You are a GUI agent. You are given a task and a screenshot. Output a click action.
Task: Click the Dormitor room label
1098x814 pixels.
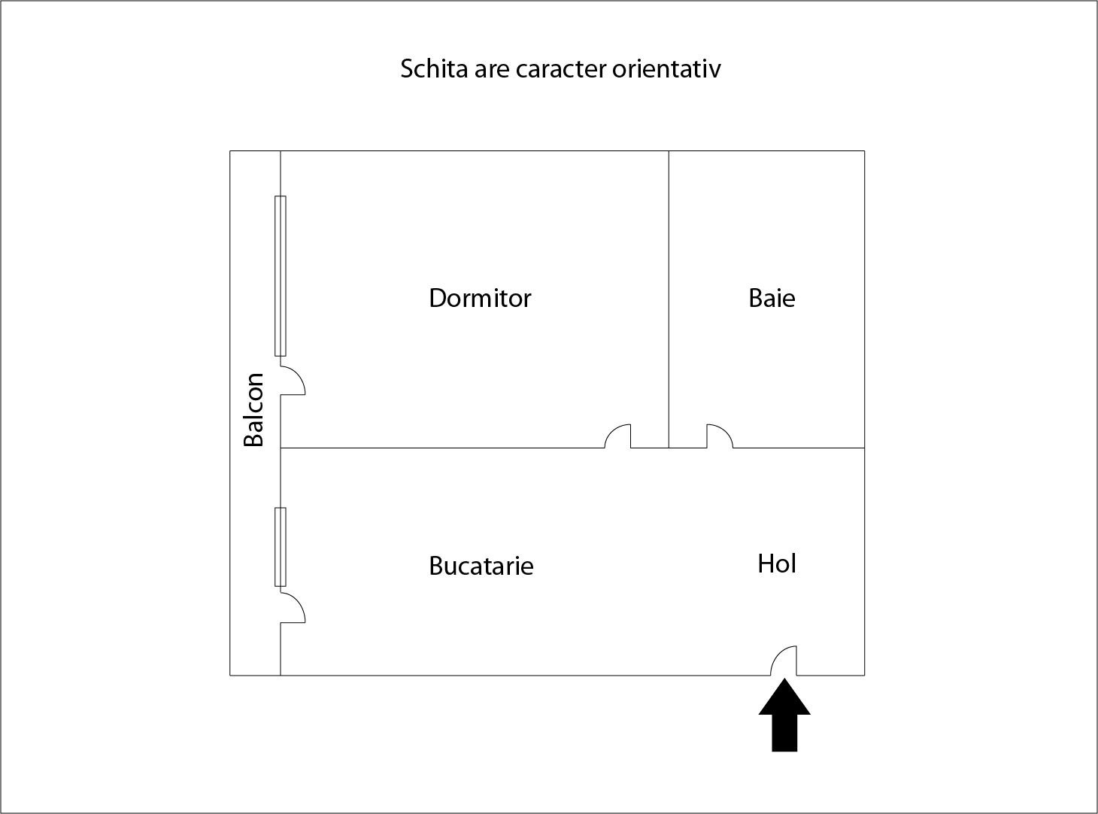[480, 298]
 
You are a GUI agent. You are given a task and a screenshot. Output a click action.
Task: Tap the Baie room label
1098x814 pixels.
[772, 298]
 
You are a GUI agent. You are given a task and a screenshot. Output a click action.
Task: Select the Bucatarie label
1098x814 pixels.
[481, 566]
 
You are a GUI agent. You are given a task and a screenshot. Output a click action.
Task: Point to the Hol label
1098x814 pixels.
[777, 563]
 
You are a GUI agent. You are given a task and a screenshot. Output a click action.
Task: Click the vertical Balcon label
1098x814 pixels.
[253, 410]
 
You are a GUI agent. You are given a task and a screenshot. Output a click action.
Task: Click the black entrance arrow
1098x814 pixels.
[784, 715]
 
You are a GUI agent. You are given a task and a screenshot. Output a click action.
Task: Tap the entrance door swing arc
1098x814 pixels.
[784, 661]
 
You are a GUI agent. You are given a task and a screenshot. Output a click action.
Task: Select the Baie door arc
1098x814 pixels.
[720, 436]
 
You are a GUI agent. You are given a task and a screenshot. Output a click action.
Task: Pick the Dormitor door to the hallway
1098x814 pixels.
[617, 436]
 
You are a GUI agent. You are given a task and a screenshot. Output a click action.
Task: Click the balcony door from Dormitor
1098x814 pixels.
[293, 381]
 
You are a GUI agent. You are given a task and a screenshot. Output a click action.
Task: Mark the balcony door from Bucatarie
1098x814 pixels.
[293, 609]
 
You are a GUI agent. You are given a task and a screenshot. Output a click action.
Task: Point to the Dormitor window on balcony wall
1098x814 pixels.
[281, 276]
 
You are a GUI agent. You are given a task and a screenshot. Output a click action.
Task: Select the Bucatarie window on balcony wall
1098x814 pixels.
[281, 547]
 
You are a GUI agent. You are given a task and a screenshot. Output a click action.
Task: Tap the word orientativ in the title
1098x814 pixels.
[666, 68]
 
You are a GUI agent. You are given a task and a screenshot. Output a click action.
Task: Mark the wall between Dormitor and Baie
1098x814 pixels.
[669, 299]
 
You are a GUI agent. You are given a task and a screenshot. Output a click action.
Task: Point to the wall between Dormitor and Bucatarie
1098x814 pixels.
[442, 448]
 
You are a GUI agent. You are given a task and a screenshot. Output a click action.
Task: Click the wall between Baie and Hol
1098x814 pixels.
[799, 448]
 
